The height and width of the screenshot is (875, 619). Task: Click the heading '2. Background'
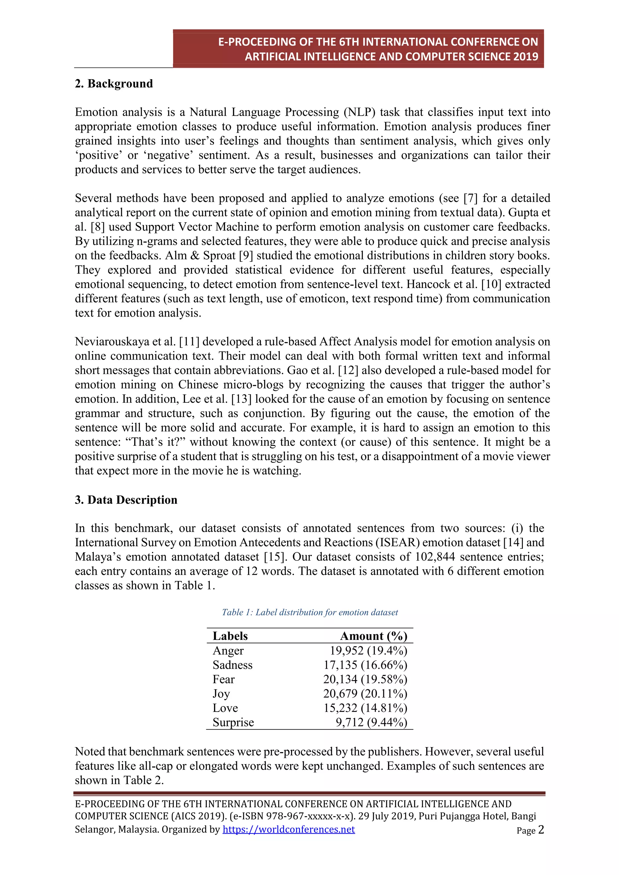(114, 83)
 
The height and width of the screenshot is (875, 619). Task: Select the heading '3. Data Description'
(126, 500)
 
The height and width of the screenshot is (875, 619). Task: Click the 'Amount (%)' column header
(374, 636)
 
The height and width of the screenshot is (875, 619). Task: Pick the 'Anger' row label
(228, 651)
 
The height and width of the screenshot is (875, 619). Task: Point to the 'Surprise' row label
(233, 722)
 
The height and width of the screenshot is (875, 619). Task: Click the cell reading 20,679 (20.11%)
(365, 694)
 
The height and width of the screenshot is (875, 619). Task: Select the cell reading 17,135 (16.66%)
(365, 665)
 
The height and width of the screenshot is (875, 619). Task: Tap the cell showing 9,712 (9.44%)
(371, 722)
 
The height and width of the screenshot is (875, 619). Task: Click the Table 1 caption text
(309, 612)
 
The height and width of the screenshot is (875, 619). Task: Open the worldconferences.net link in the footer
(289, 829)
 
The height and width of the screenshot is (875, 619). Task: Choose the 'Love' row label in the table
(225, 708)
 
